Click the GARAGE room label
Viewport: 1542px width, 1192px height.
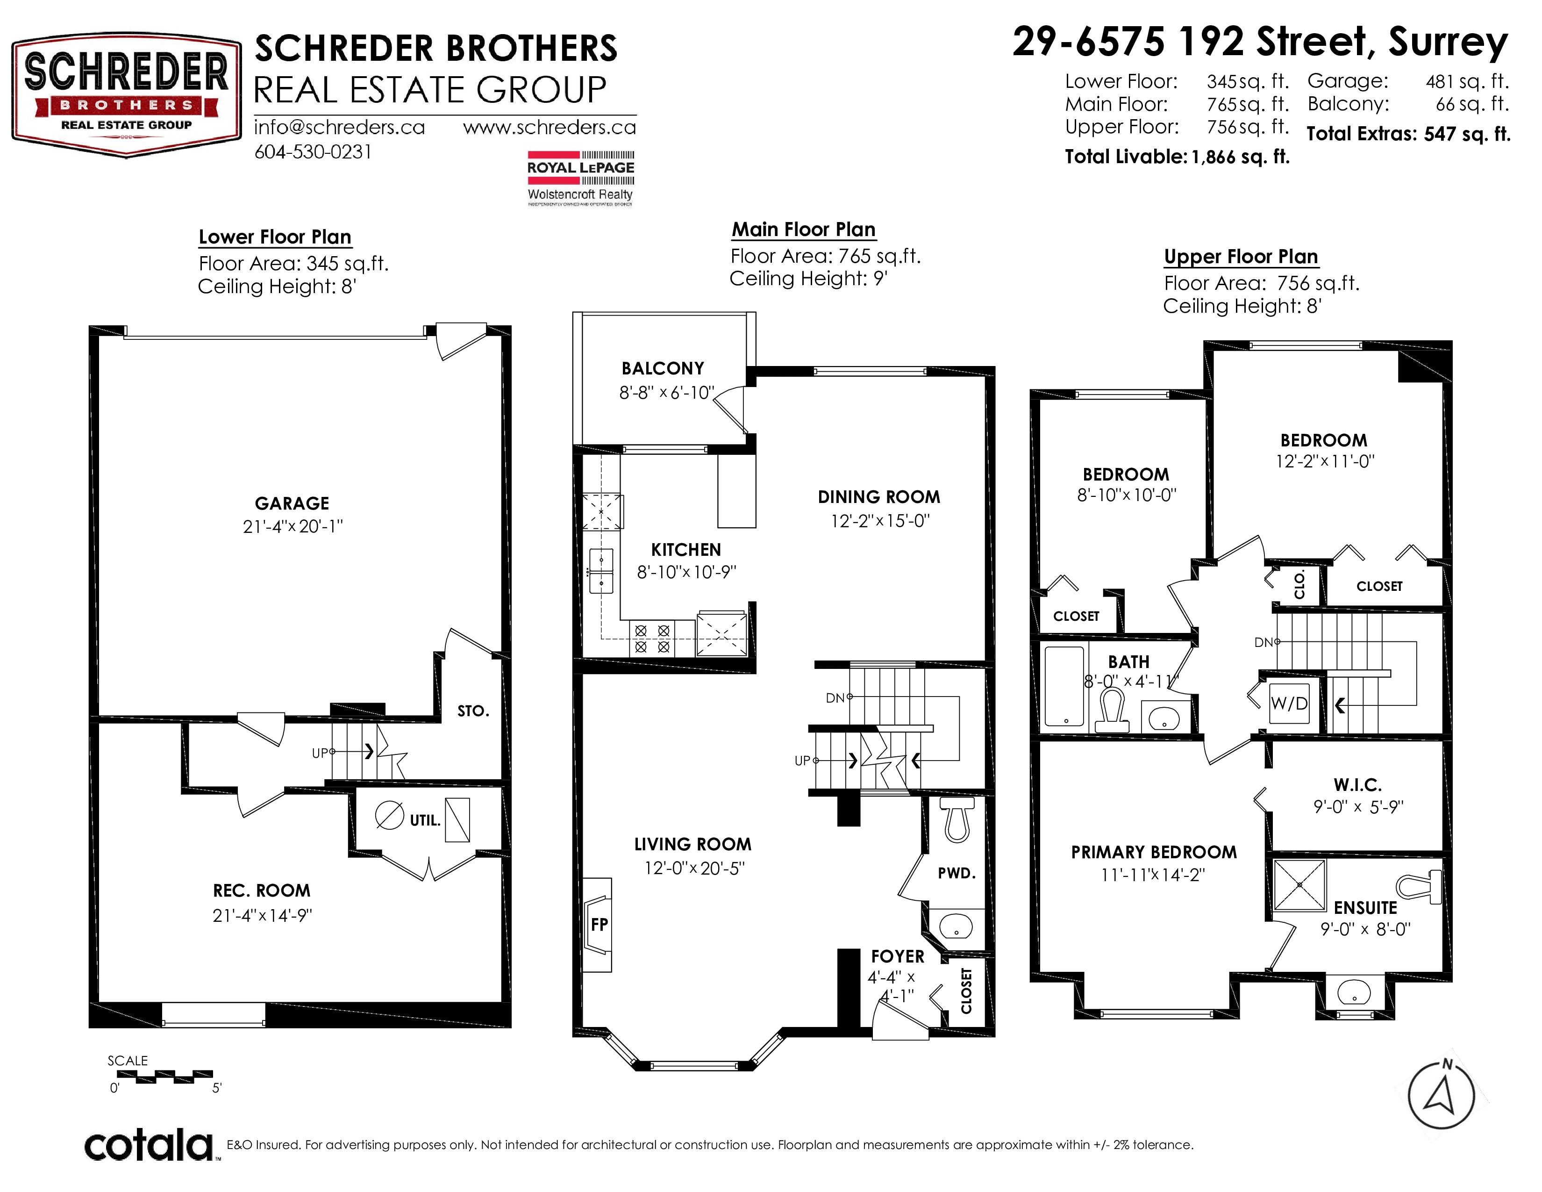pyautogui.click(x=292, y=503)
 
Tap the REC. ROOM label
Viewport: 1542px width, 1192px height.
pyautogui.click(x=262, y=890)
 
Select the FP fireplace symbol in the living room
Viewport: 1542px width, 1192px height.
pyautogui.click(x=598, y=924)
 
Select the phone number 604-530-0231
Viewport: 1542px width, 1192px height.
pyautogui.click(x=313, y=152)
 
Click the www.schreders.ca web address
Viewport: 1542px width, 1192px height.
pyautogui.click(x=550, y=127)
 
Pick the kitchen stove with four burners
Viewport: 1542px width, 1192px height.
pyautogui.click(x=652, y=639)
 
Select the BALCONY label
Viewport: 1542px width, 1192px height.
pyautogui.click(x=663, y=369)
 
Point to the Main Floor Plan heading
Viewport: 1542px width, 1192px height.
pyautogui.click(x=804, y=230)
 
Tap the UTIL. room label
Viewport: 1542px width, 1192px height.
pyautogui.click(x=425, y=820)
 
